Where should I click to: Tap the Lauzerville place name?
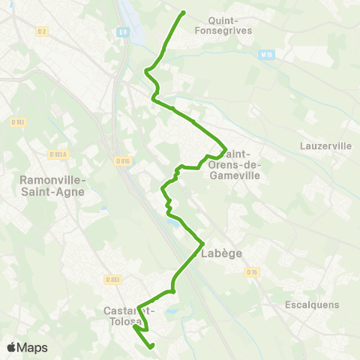tap(324, 145)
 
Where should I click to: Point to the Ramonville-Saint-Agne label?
tap(52, 185)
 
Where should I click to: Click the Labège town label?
tap(222, 253)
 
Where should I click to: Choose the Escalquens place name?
tap(313, 304)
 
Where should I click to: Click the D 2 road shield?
tap(42, 31)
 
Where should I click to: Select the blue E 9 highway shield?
tap(122, 31)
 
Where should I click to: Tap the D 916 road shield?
tap(123, 160)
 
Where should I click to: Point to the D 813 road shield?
tap(113, 280)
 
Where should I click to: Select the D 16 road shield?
tap(253, 272)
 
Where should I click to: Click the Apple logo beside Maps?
tap(11, 347)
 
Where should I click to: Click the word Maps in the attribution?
tap(33, 347)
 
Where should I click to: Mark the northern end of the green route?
tap(184, 12)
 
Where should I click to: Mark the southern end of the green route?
tap(151, 346)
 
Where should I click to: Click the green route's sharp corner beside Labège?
tap(203, 243)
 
